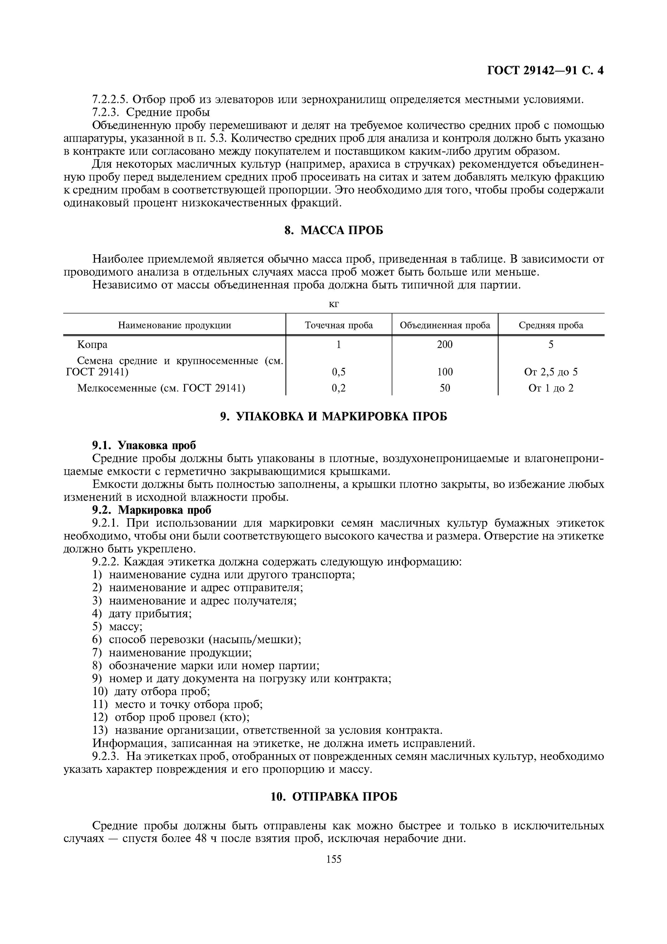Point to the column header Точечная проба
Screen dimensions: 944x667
coord(339,325)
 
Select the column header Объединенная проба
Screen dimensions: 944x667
coord(445,325)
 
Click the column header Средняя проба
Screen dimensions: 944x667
coord(551,325)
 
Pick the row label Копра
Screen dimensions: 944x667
coord(92,345)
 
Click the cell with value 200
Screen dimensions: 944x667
coord(445,345)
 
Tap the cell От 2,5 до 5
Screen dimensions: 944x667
coord(551,372)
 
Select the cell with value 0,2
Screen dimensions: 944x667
coord(339,388)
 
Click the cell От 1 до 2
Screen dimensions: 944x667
coord(551,388)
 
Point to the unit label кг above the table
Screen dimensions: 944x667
coord(334,304)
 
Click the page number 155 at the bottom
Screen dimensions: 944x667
coord(334,859)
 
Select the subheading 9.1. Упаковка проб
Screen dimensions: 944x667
coord(144,445)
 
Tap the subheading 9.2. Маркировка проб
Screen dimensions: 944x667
coord(151,510)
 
